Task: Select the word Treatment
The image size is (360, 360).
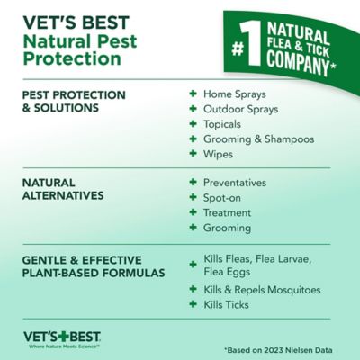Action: pyautogui.click(x=230, y=212)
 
